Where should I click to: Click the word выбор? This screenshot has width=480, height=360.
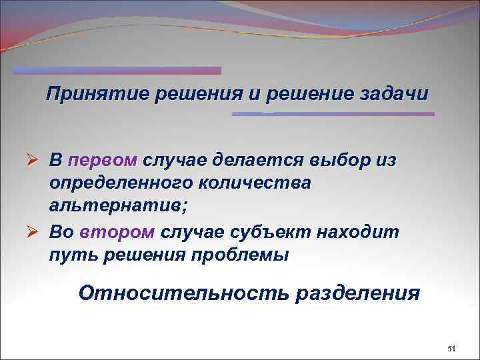point(339,160)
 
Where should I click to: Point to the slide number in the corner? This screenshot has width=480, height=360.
point(449,349)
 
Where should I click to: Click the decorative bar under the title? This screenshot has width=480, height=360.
point(333,114)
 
